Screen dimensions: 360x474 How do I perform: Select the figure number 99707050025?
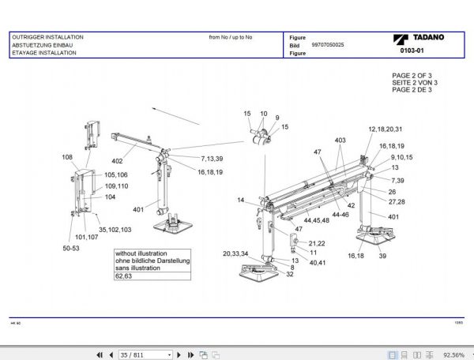[x=328, y=46]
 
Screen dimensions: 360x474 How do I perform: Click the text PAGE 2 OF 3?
[x=412, y=75]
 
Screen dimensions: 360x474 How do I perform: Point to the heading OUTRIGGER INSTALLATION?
[x=47, y=37]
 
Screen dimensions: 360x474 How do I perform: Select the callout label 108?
[x=67, y=157]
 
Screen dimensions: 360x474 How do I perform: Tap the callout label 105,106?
[x=116, y=174]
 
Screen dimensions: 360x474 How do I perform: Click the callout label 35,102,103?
[x=115, y=229]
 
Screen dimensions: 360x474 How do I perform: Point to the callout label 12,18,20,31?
[x=385, y=129]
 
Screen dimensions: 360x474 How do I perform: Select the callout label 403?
[x=340, y=140]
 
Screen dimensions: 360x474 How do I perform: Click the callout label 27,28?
[x=397, y=202]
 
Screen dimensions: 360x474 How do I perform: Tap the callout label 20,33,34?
[x=235, y=253]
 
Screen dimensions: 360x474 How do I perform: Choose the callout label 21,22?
[x=317, y=243]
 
